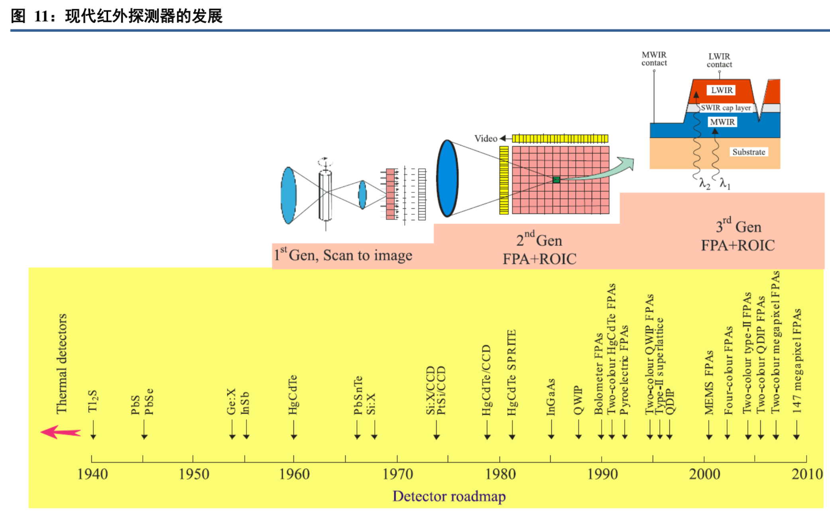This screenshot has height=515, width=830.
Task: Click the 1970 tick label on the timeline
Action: coord(397,474)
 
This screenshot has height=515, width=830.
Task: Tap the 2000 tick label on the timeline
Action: coord(704,474)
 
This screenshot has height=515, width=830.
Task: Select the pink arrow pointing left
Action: coord(61,432)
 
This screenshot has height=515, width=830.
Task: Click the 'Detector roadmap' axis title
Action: coord(449,496)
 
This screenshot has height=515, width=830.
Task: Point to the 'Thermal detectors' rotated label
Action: coord(61,364)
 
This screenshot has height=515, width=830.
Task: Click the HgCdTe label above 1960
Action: coord(293,395)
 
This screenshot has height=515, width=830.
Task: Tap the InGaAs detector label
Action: coord(551,397)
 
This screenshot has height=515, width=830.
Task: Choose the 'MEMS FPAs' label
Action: coord(708,383)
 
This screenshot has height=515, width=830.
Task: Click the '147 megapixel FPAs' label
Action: coord(796,361)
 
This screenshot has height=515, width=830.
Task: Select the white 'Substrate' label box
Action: coord(748,152)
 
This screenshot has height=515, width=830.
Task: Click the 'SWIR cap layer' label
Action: coord(726,108)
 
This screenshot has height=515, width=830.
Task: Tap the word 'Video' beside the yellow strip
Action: coord(486,138)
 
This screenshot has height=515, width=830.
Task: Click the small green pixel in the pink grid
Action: coord(556,180)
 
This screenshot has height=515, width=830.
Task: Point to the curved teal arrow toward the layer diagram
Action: coord(606,171)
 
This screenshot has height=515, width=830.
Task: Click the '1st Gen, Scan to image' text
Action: coord(343,255)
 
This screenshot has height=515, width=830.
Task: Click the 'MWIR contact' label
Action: coord(654,59)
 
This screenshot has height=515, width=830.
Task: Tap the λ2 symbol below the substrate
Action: coord(704,184)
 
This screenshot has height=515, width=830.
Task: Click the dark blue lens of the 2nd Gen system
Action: coord(447,178)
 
